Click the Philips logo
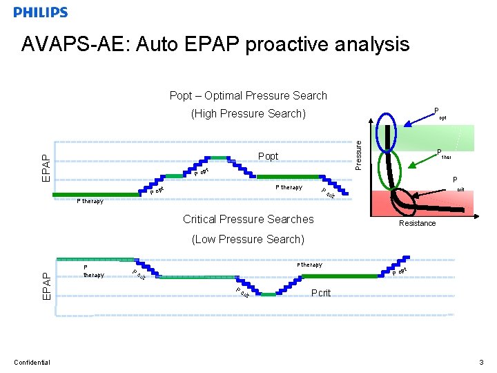tap(41, 12)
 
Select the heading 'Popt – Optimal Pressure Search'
tap(248, 95)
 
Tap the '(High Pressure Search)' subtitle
tap(248, 113)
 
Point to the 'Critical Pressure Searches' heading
tap(248, 219)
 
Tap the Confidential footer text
tap(32, 362)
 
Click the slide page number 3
tap(481, 362)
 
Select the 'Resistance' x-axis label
tap(418, 223)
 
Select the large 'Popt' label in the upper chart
tap(268, 156)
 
